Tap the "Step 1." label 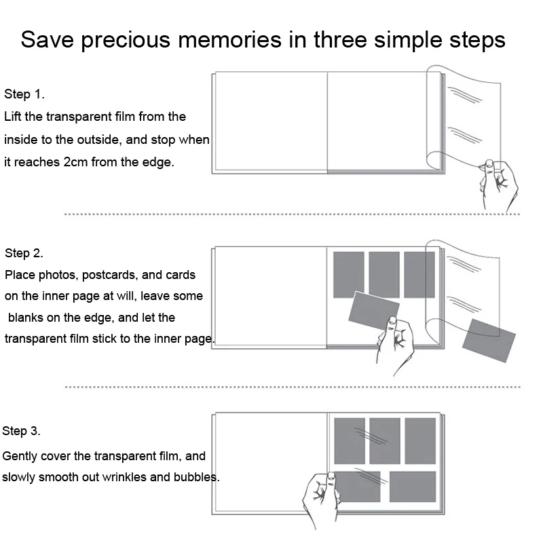click(x=24, y=94)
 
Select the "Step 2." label click(x=24, y=253)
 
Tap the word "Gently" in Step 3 click(x=20, y=456)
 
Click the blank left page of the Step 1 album click(x=270, y=122)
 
